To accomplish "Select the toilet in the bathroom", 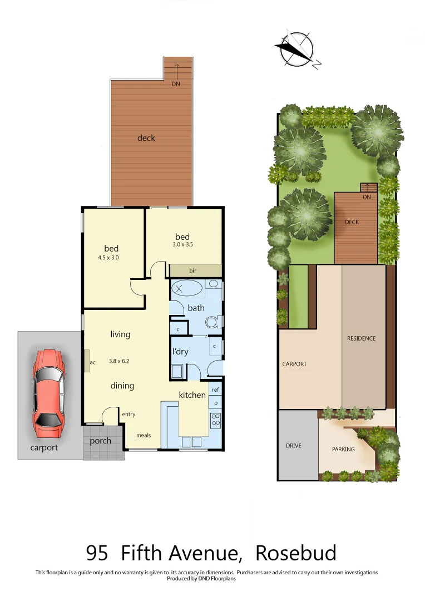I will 212,322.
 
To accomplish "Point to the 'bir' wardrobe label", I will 192,270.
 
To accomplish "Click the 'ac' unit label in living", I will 92,362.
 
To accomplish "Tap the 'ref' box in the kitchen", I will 215,390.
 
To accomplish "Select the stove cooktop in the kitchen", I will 215,420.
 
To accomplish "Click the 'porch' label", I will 101,441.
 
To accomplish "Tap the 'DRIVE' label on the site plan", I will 293,446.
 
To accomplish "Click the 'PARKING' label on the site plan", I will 343,449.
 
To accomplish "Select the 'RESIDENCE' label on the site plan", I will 361,338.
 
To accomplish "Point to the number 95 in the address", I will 97,553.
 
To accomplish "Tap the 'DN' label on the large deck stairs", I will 176,84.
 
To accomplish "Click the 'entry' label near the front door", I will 129,414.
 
